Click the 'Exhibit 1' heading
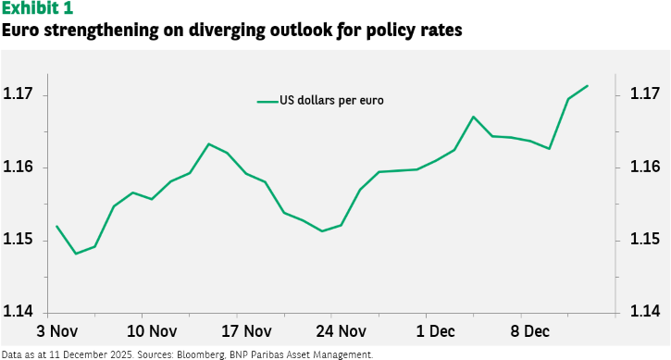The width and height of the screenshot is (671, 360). coord(37,8)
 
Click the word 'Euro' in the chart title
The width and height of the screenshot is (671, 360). coord(20,31)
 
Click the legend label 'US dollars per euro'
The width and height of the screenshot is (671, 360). coord(331,101)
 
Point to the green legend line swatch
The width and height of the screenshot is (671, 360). coord(267,102)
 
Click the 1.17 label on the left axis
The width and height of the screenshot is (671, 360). coord(18,93)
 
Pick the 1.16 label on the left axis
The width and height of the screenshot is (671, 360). coord(18,167)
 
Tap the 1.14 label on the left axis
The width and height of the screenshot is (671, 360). coord(18,311)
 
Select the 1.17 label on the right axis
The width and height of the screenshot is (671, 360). coord(645,93)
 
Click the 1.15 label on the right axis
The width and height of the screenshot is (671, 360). coord(645,239)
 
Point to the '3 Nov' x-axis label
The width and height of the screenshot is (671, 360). coord(57,331)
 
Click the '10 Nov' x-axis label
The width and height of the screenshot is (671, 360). coord(152,331)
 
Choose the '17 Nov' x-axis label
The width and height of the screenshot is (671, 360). coord(246,331)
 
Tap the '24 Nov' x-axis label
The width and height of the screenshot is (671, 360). coord(342,331)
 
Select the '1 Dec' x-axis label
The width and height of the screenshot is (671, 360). coord(436,331)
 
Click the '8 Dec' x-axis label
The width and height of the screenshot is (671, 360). coord(529,331)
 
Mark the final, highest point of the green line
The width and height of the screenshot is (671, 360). coord(588,86)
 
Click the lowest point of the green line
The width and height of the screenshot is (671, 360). coord(76,254)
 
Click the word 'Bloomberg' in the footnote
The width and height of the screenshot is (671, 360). coord(201,354)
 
